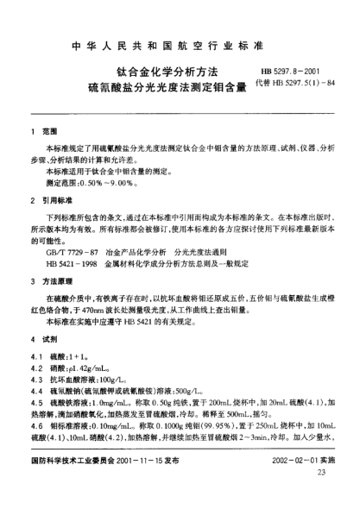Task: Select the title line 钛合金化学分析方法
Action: pyautogui.click(x=168, y=72)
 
